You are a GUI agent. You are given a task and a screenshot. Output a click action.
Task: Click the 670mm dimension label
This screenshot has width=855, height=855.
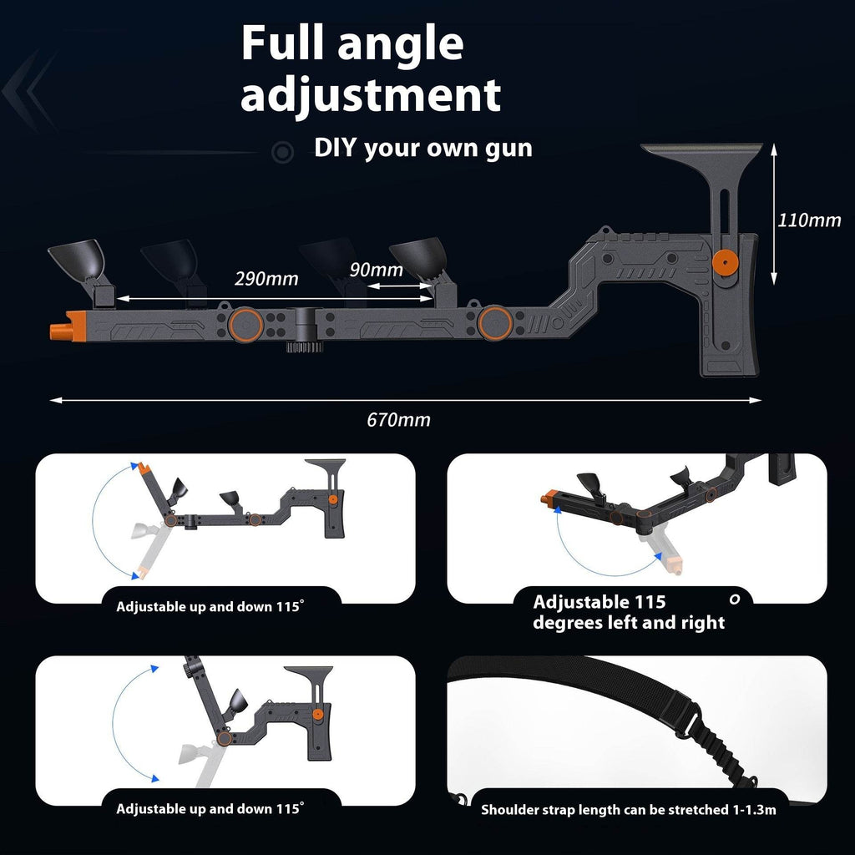398,420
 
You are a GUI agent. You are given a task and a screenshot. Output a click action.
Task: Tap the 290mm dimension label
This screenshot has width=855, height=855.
266,278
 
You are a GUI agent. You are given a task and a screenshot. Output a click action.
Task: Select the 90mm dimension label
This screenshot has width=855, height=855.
376,269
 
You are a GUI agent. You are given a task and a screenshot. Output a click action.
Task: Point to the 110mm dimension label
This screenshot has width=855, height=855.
809,220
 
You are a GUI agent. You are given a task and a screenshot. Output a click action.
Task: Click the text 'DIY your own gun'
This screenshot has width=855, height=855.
422,149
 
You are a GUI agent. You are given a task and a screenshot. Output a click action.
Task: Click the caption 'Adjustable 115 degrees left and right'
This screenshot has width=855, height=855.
629,612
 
